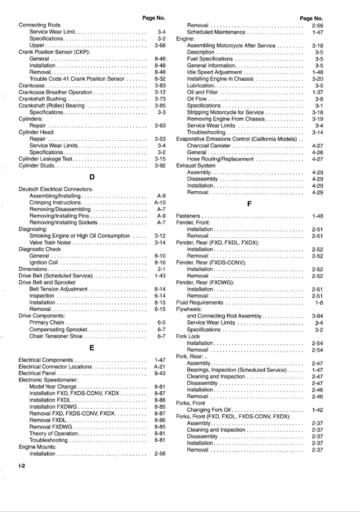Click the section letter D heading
click(91, 178)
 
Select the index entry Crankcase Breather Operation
click(54, 92)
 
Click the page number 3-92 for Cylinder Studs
click(161, 166)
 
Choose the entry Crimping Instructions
click(56, 202)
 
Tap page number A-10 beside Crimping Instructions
click(160, 202)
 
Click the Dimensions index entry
click(35, 269)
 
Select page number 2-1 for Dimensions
click(161, 269)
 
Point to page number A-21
click(160, 366)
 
